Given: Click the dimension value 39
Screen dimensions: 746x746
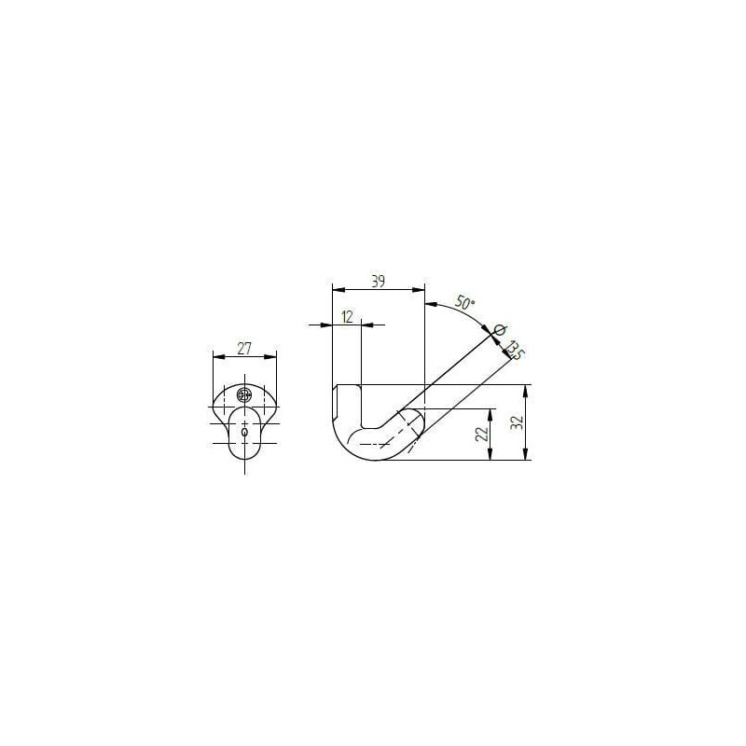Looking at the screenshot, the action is (378, 282).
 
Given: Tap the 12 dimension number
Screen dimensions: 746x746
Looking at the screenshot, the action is (347, 316).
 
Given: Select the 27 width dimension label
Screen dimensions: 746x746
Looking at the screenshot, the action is (244, 349).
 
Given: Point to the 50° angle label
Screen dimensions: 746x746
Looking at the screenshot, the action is (464, 302).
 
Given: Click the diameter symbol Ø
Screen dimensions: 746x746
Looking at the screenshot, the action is (500, 329).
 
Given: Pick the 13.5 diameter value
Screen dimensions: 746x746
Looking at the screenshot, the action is (515, 351).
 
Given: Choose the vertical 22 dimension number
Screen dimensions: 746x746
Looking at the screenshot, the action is (482, 434).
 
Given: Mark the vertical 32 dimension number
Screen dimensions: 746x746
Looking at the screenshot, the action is (518, 422).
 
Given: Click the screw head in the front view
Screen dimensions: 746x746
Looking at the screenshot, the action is (244, 394).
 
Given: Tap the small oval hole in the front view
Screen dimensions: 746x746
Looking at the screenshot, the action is (244, 432).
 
